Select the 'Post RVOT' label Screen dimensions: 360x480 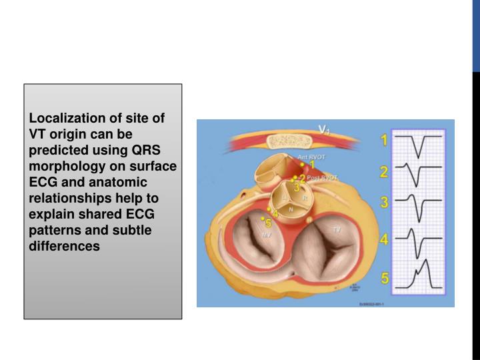(323, 177)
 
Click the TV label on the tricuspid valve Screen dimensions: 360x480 (337, 228)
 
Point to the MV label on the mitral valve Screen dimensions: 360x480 (267, 235)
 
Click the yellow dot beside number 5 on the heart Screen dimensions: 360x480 (263, 218)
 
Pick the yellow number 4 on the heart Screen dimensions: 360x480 (275, 213)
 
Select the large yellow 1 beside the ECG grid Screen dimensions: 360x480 (384, 141)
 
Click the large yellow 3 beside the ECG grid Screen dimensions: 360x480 (384, 203)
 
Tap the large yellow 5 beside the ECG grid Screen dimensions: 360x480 (385, 277)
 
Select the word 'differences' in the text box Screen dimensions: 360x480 (64, 247)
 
